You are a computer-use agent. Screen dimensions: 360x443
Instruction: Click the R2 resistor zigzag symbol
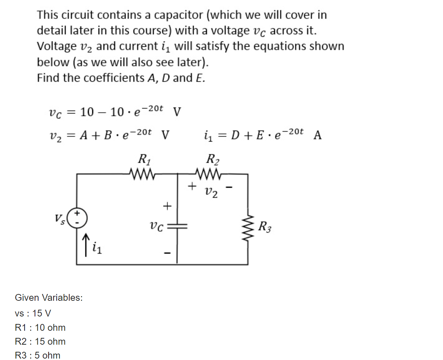pyautogui.click(x=209, y=174)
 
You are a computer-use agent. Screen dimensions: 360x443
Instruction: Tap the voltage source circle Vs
pyautogui.click(x=77, y=218)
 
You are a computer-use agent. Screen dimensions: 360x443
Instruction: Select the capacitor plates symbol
pyautogui.click(x=177, y=225)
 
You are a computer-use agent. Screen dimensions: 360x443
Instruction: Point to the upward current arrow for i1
pyautogui.click(x=86, y=244)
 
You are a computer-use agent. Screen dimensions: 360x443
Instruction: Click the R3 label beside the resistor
pyautogui.click(x=265, y=227)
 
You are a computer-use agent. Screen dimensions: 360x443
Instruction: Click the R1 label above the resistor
pyautogui.click(x=144, y=159)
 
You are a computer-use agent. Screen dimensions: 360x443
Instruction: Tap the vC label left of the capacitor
pyautogui.click(x=156, y=226)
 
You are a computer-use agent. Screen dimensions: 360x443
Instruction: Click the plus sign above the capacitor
pyautogui.click(x=167, y=206)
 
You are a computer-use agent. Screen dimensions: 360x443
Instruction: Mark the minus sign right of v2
pyautogui.click(x=230, y=187)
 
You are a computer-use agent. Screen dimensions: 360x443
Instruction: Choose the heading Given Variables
pyautogui.click(x=49, y=298)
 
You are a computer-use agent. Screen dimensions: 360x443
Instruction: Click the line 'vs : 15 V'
pyautogui.click(x=33, y=313)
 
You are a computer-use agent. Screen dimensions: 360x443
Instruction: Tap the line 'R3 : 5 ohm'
pyautogui.click(x=37, y=355)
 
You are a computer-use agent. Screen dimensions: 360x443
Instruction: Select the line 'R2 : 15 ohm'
pyautogui.click(x=40, y=341)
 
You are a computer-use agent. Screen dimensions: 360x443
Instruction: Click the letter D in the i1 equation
pyautogui.click(x=235, y=135)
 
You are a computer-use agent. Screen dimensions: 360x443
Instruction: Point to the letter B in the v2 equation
pyautogui.click(x=108, y=135)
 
